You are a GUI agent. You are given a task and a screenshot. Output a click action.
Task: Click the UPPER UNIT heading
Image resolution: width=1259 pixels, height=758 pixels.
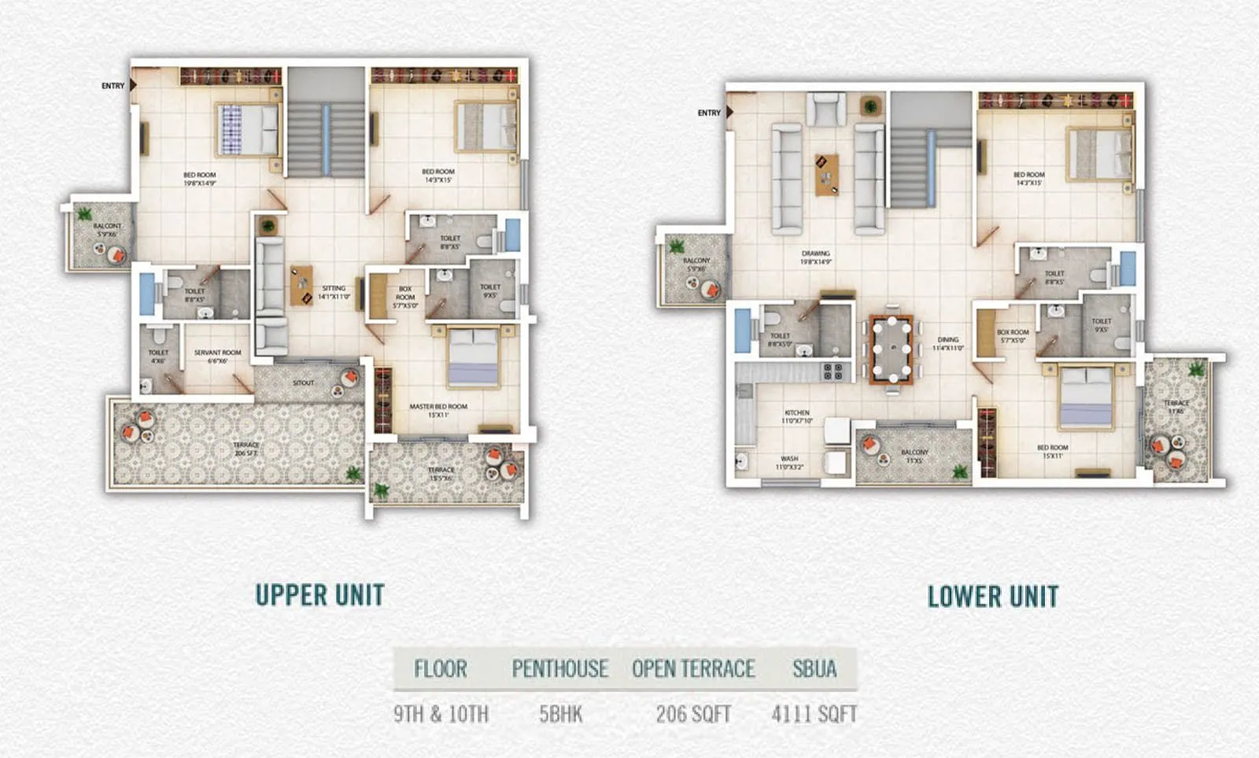(x=319, y=595)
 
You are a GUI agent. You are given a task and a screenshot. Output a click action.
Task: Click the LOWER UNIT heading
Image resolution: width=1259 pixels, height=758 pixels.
(x=993, y=597)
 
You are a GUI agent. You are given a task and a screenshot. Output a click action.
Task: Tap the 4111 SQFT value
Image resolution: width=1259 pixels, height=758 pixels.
(x=814, y=714)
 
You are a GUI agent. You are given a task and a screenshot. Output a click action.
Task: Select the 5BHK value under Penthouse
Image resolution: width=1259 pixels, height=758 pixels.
(x=560, y=714)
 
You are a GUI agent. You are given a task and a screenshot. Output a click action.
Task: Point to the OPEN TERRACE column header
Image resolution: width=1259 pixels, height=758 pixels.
(x=693, y=669)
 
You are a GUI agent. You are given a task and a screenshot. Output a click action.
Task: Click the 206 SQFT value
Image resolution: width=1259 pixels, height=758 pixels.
(x=693, y=714)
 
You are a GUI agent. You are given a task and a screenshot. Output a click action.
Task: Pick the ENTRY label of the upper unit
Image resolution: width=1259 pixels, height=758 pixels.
(x=113, y=86)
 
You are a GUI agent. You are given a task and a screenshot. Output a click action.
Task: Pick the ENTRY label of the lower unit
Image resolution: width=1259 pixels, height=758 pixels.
(x=709, y=113)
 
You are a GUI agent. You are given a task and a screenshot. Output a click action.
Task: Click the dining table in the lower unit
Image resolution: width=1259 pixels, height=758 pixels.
(x=891, y=349)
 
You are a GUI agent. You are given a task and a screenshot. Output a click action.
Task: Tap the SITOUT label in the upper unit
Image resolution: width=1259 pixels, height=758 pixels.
(x=303, y=383)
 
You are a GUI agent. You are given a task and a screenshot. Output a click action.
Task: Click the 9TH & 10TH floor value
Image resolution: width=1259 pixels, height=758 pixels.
(x=441, y=714)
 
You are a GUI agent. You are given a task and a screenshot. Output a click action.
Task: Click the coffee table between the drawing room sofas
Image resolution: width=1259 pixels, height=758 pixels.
(x=826, y=174)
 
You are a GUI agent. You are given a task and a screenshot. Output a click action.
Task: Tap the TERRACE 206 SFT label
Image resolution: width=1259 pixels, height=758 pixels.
(x=246, y=449)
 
